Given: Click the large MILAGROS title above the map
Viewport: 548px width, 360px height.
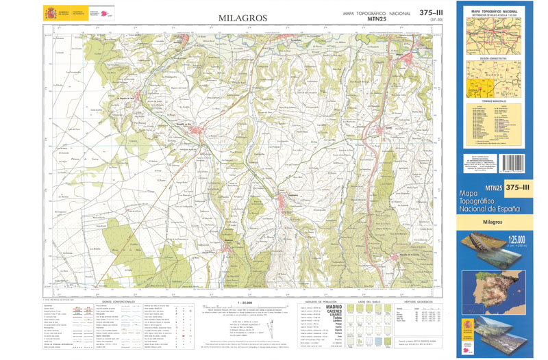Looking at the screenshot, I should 242,18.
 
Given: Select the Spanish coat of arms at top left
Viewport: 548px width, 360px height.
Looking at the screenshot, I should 50,13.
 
